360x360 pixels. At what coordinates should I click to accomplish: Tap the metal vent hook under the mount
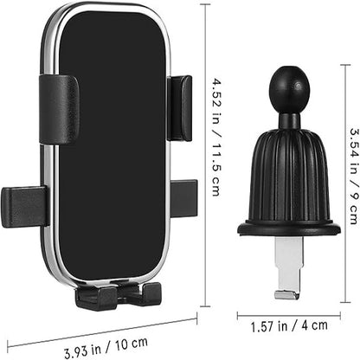point(286,268)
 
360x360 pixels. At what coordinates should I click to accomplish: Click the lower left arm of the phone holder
point(24,205)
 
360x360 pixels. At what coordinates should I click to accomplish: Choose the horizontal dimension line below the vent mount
point(288,312)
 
